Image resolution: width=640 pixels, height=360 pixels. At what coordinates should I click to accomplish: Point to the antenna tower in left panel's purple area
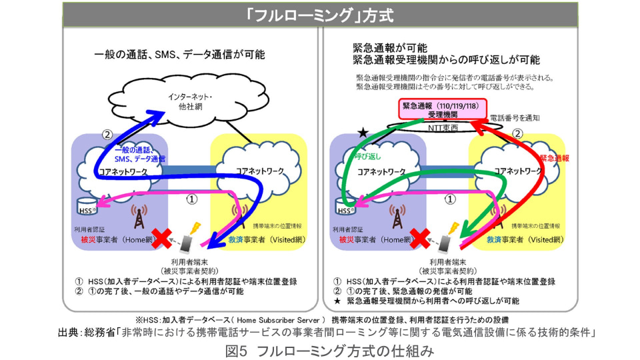139,216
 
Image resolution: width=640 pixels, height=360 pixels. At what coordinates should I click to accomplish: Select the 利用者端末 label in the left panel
189,261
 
